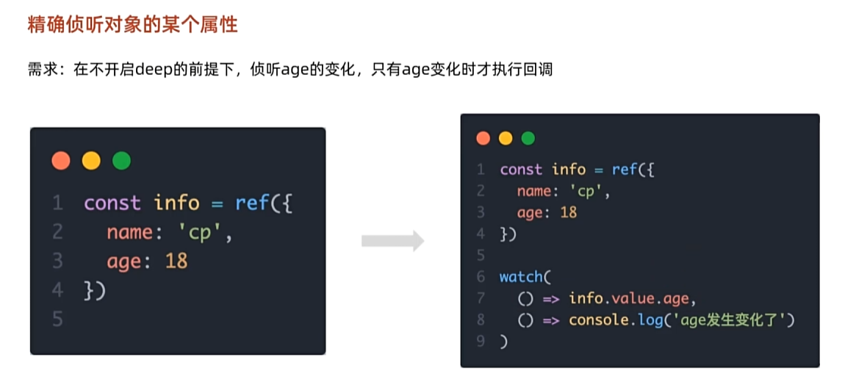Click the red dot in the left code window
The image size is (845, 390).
pos(61,161)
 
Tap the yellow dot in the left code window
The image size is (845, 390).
pos(91,161)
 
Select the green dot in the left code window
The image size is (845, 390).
pos(121,161)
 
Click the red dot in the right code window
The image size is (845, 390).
pos(483,138)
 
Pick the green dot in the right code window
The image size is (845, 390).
pos(528,138)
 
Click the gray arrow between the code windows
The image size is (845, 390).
pos(392,241)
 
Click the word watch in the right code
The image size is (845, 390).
pos(520,277)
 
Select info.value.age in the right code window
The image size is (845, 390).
pos(630,298)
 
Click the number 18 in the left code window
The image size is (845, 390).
pos(176,261)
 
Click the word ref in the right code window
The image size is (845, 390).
pos(625,170)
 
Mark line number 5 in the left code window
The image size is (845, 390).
pos(57,319)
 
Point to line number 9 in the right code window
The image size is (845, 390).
pos(481,342)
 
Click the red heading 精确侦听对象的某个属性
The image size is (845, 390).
pos(132,25)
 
